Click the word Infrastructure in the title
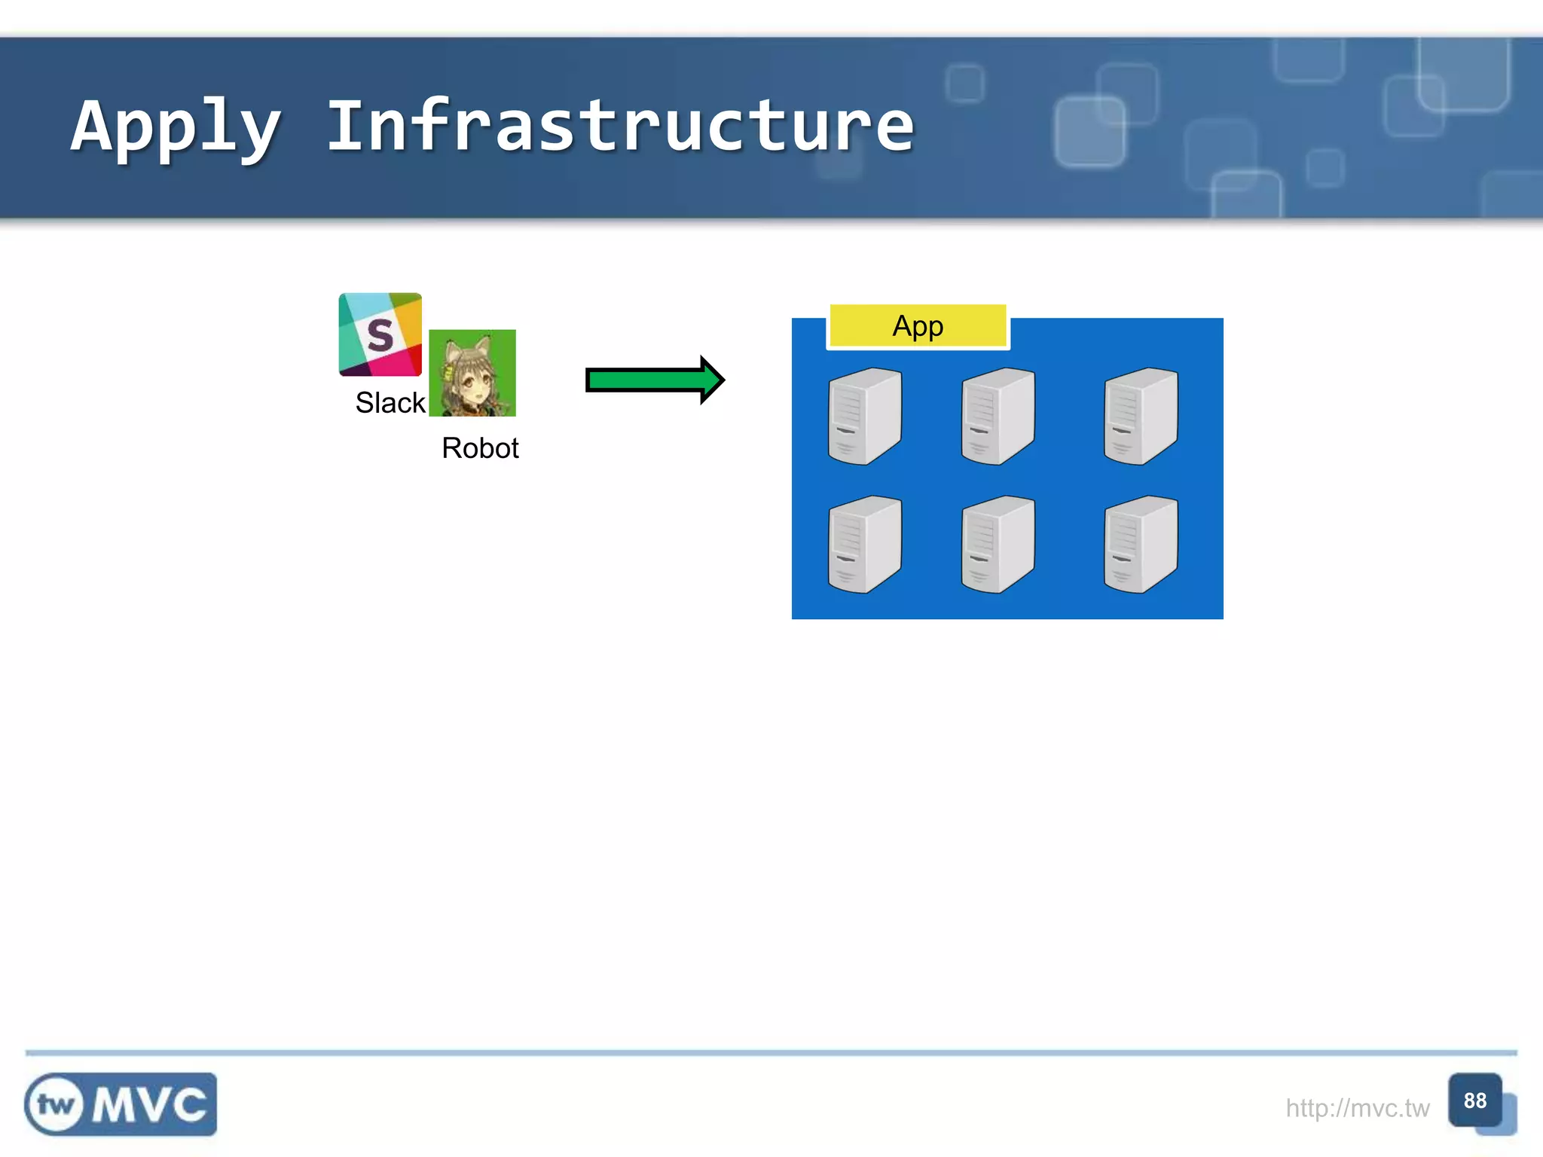(x=620, y=127)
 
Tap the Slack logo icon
(x=380, y=334)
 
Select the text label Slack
(x=390, y=403)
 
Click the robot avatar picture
(x=472, y=373)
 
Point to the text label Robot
(x=480, y=448)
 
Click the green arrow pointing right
(x=648, y=380)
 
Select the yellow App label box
(x=918, y=326)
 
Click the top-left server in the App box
(x=864, y=417)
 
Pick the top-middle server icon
(x=998, y=417)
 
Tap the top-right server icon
(x=1140, y=417)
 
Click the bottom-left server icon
(x=864, y=545)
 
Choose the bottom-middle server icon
(x=998, y=545)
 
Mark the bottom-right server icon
(x=1140, y=545)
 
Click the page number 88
(x=1474, y=1101)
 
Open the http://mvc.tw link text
(x=1357, y=1108)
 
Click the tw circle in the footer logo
(x=55, y=1105)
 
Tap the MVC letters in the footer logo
(x=150, y=1105)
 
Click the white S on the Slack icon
(x=380, y=335)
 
